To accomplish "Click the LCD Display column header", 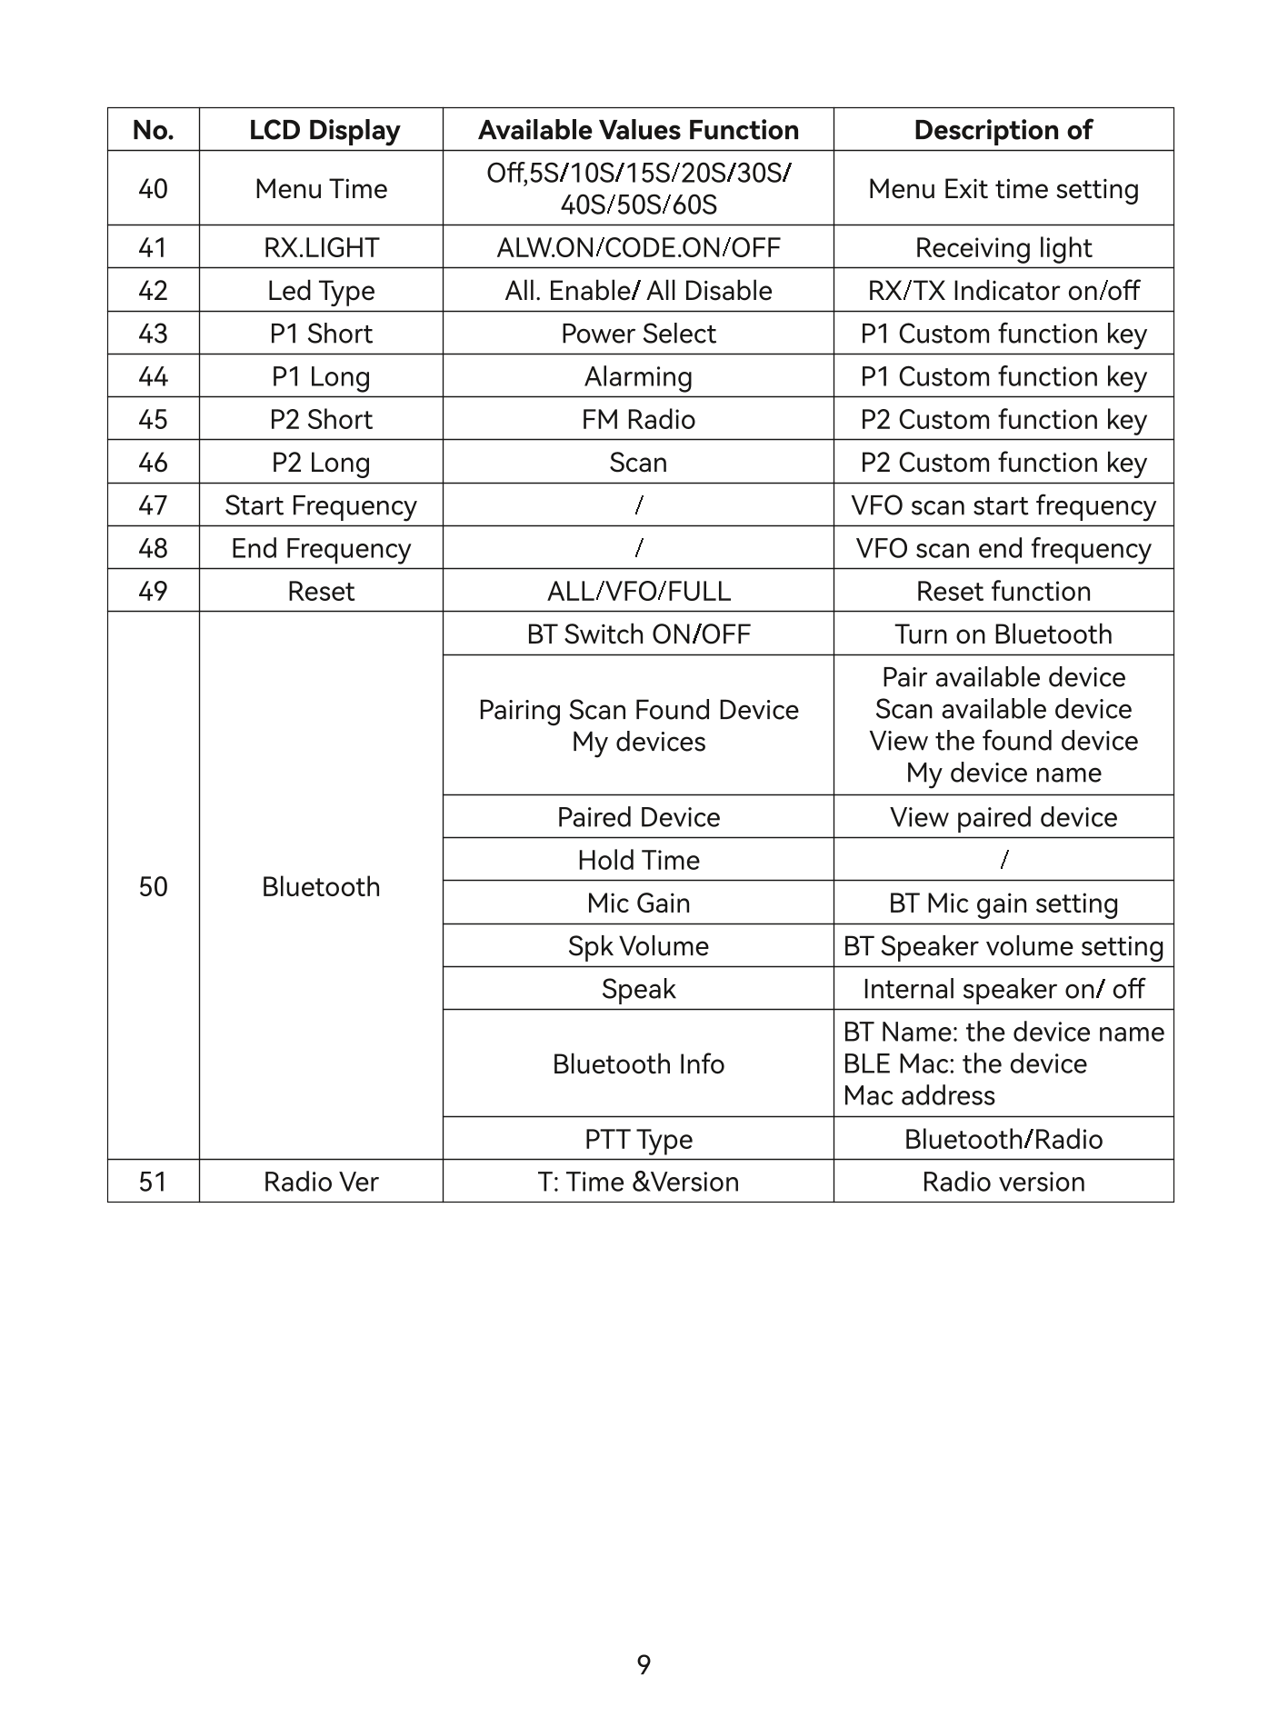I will (x=324, y=130).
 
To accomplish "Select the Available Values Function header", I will (x=638, y=130).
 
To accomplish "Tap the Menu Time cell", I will (x=321, y=189).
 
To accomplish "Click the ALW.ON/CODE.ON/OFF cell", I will (x=638, y=247).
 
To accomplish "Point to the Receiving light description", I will (x=1003, y=247).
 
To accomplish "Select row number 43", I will (x=153, y=334).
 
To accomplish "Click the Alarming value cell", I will (x=638, y=376).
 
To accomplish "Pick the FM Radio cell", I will (x=638, y=419).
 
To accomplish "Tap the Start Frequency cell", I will (x=321, y=505).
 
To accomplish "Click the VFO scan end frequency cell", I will (x=1003, y=548).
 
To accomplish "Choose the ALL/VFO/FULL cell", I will (x=638, y=591).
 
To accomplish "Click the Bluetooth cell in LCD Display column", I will (x=321, y=886).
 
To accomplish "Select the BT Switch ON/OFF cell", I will (x=638, y=634).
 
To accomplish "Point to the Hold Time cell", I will (x=638, y=860).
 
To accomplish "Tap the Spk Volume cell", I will (x=638, y=945).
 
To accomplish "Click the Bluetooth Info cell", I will (x=638, y=1063).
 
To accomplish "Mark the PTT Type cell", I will (x=638, y=1139).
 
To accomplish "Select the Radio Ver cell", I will (x=321, y=1182).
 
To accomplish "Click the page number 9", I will (x=644, y=1665).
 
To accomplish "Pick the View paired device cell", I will (x=1003, y=817).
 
